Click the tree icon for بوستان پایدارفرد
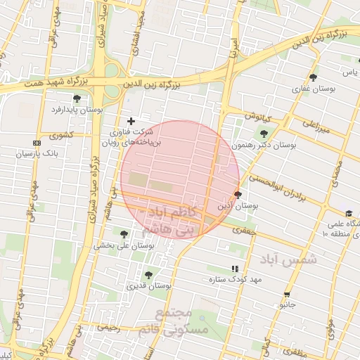pos(77,98)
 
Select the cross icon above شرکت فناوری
pos(130,121)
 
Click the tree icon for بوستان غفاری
pos(313,77)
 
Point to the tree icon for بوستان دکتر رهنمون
pos(264,134)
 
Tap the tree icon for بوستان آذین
pos(238,195)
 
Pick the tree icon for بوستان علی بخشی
pos(124,234)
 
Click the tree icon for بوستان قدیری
pos(148,275)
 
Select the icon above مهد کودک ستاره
pos(235,269)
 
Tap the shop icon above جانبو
pos(286,295)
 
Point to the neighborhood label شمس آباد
pos(288,259)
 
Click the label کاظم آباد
pos(167,212)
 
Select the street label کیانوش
pos(257,115)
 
